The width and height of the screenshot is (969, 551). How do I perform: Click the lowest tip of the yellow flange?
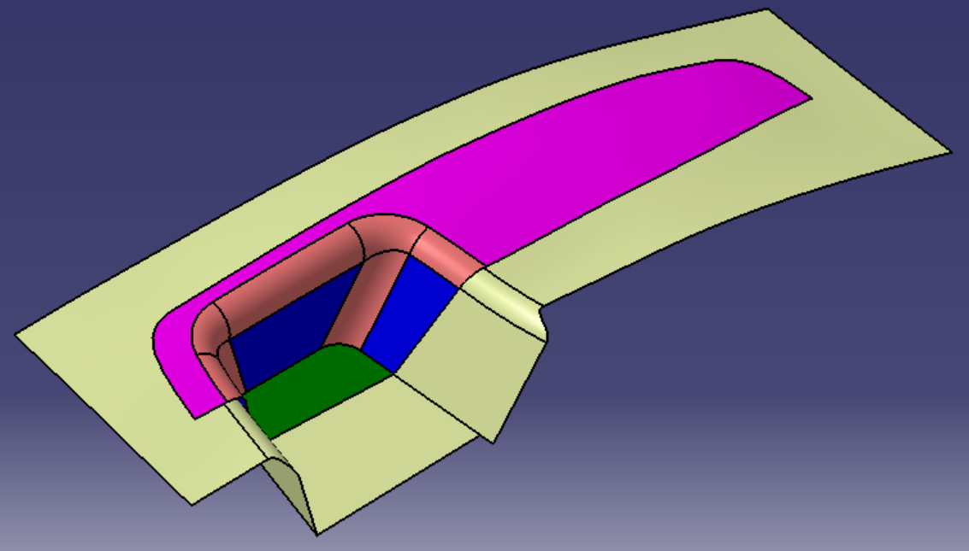[x=317, y=535]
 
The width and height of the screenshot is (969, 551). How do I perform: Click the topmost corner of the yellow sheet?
[x=766, y=9]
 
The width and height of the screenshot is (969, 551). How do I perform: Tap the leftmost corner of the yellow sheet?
[x=15, y=334]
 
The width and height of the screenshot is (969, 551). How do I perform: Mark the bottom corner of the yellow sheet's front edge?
[x=193, y=504]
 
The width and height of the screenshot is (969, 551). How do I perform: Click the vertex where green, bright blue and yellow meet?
[x=393, y=372]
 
